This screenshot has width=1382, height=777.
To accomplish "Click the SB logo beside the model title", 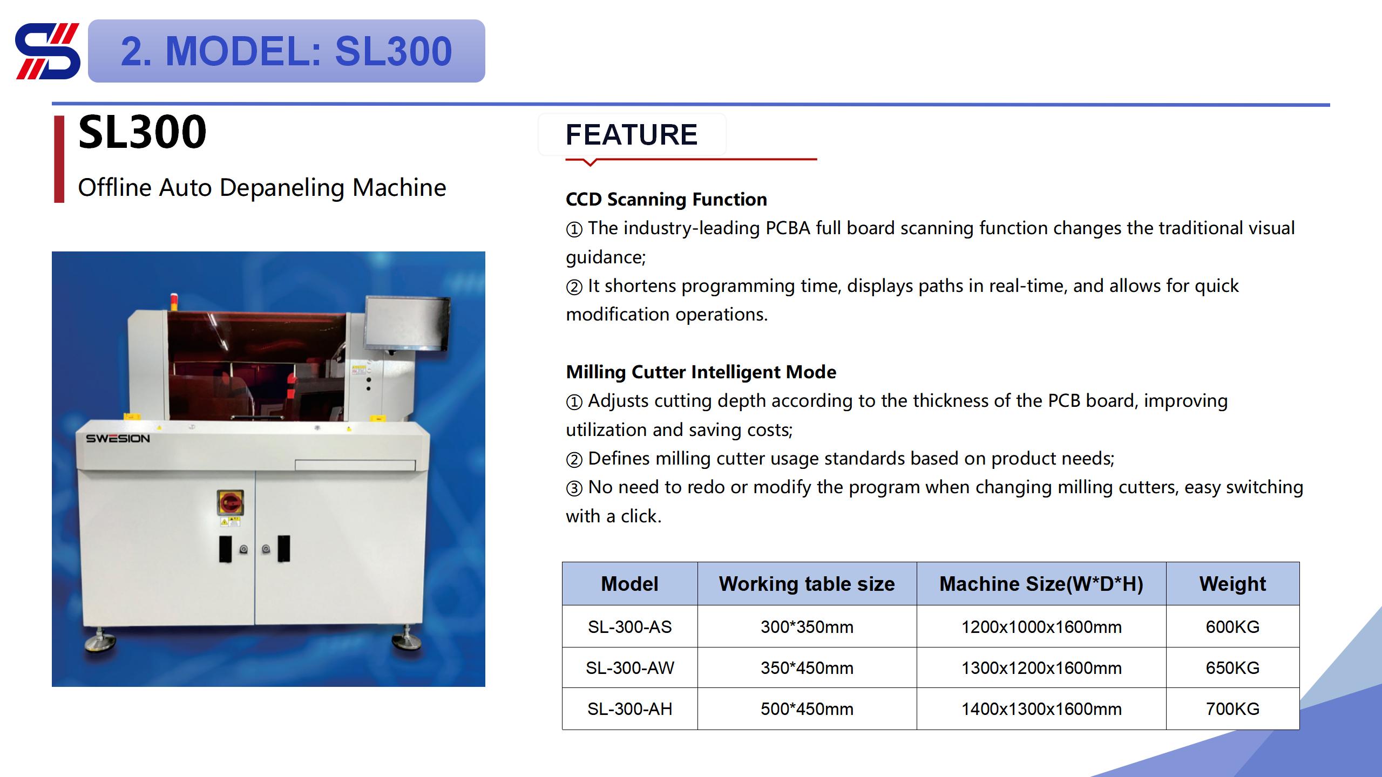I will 48,51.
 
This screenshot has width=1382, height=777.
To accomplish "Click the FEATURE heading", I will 631,135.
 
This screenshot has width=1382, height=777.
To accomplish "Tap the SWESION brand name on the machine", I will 118,439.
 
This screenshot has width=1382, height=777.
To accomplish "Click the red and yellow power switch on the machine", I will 230,502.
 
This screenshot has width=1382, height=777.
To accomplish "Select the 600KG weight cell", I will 1232,626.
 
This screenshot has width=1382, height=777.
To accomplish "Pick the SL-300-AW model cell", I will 629,668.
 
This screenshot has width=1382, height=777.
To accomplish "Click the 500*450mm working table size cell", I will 807,709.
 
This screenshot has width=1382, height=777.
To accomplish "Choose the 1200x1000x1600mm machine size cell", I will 1041,626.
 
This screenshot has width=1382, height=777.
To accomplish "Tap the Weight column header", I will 1232,584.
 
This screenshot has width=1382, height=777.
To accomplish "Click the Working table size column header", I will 807,584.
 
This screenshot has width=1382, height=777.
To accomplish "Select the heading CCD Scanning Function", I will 666,200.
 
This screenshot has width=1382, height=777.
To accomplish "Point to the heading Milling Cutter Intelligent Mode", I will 701,372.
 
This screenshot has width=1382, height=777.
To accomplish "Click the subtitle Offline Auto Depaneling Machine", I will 262,188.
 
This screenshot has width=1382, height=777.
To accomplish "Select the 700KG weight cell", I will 1232,709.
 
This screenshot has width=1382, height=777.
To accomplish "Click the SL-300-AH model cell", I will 629,709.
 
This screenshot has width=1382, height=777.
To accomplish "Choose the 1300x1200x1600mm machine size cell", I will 1041,668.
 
